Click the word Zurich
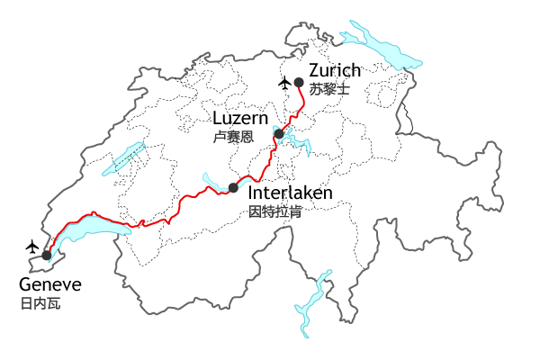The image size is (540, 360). pyautogui.click(x=335, y=71)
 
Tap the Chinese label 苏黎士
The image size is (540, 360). pyautogui.click(x=328, y=89)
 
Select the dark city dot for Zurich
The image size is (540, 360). pyautogui.click(x=299, y=82)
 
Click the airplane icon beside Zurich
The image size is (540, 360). pyautogui.click(x=285, y=84)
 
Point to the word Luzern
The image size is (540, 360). pyautogui.click(x=240, y=119)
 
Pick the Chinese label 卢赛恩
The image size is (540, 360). pyautogui.click(x=233, y=138)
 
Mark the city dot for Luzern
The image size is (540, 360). pyautogui.click(x=279, y=134)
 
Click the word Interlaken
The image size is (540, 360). pyautogui.click(x=290, y=193)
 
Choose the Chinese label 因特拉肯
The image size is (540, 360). pyautogui.click(x=274, y=213)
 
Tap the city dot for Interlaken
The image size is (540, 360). pyautogui.click(x=233, y=187)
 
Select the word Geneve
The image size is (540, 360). pyautogui.click(x=50, y=285)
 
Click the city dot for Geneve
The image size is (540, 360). pyautogui.click(x=46, y=256)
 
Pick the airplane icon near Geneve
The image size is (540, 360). pyautogui.click(x=33, y=246)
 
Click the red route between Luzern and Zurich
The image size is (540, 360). pyautogui.click(x=293, y=115)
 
